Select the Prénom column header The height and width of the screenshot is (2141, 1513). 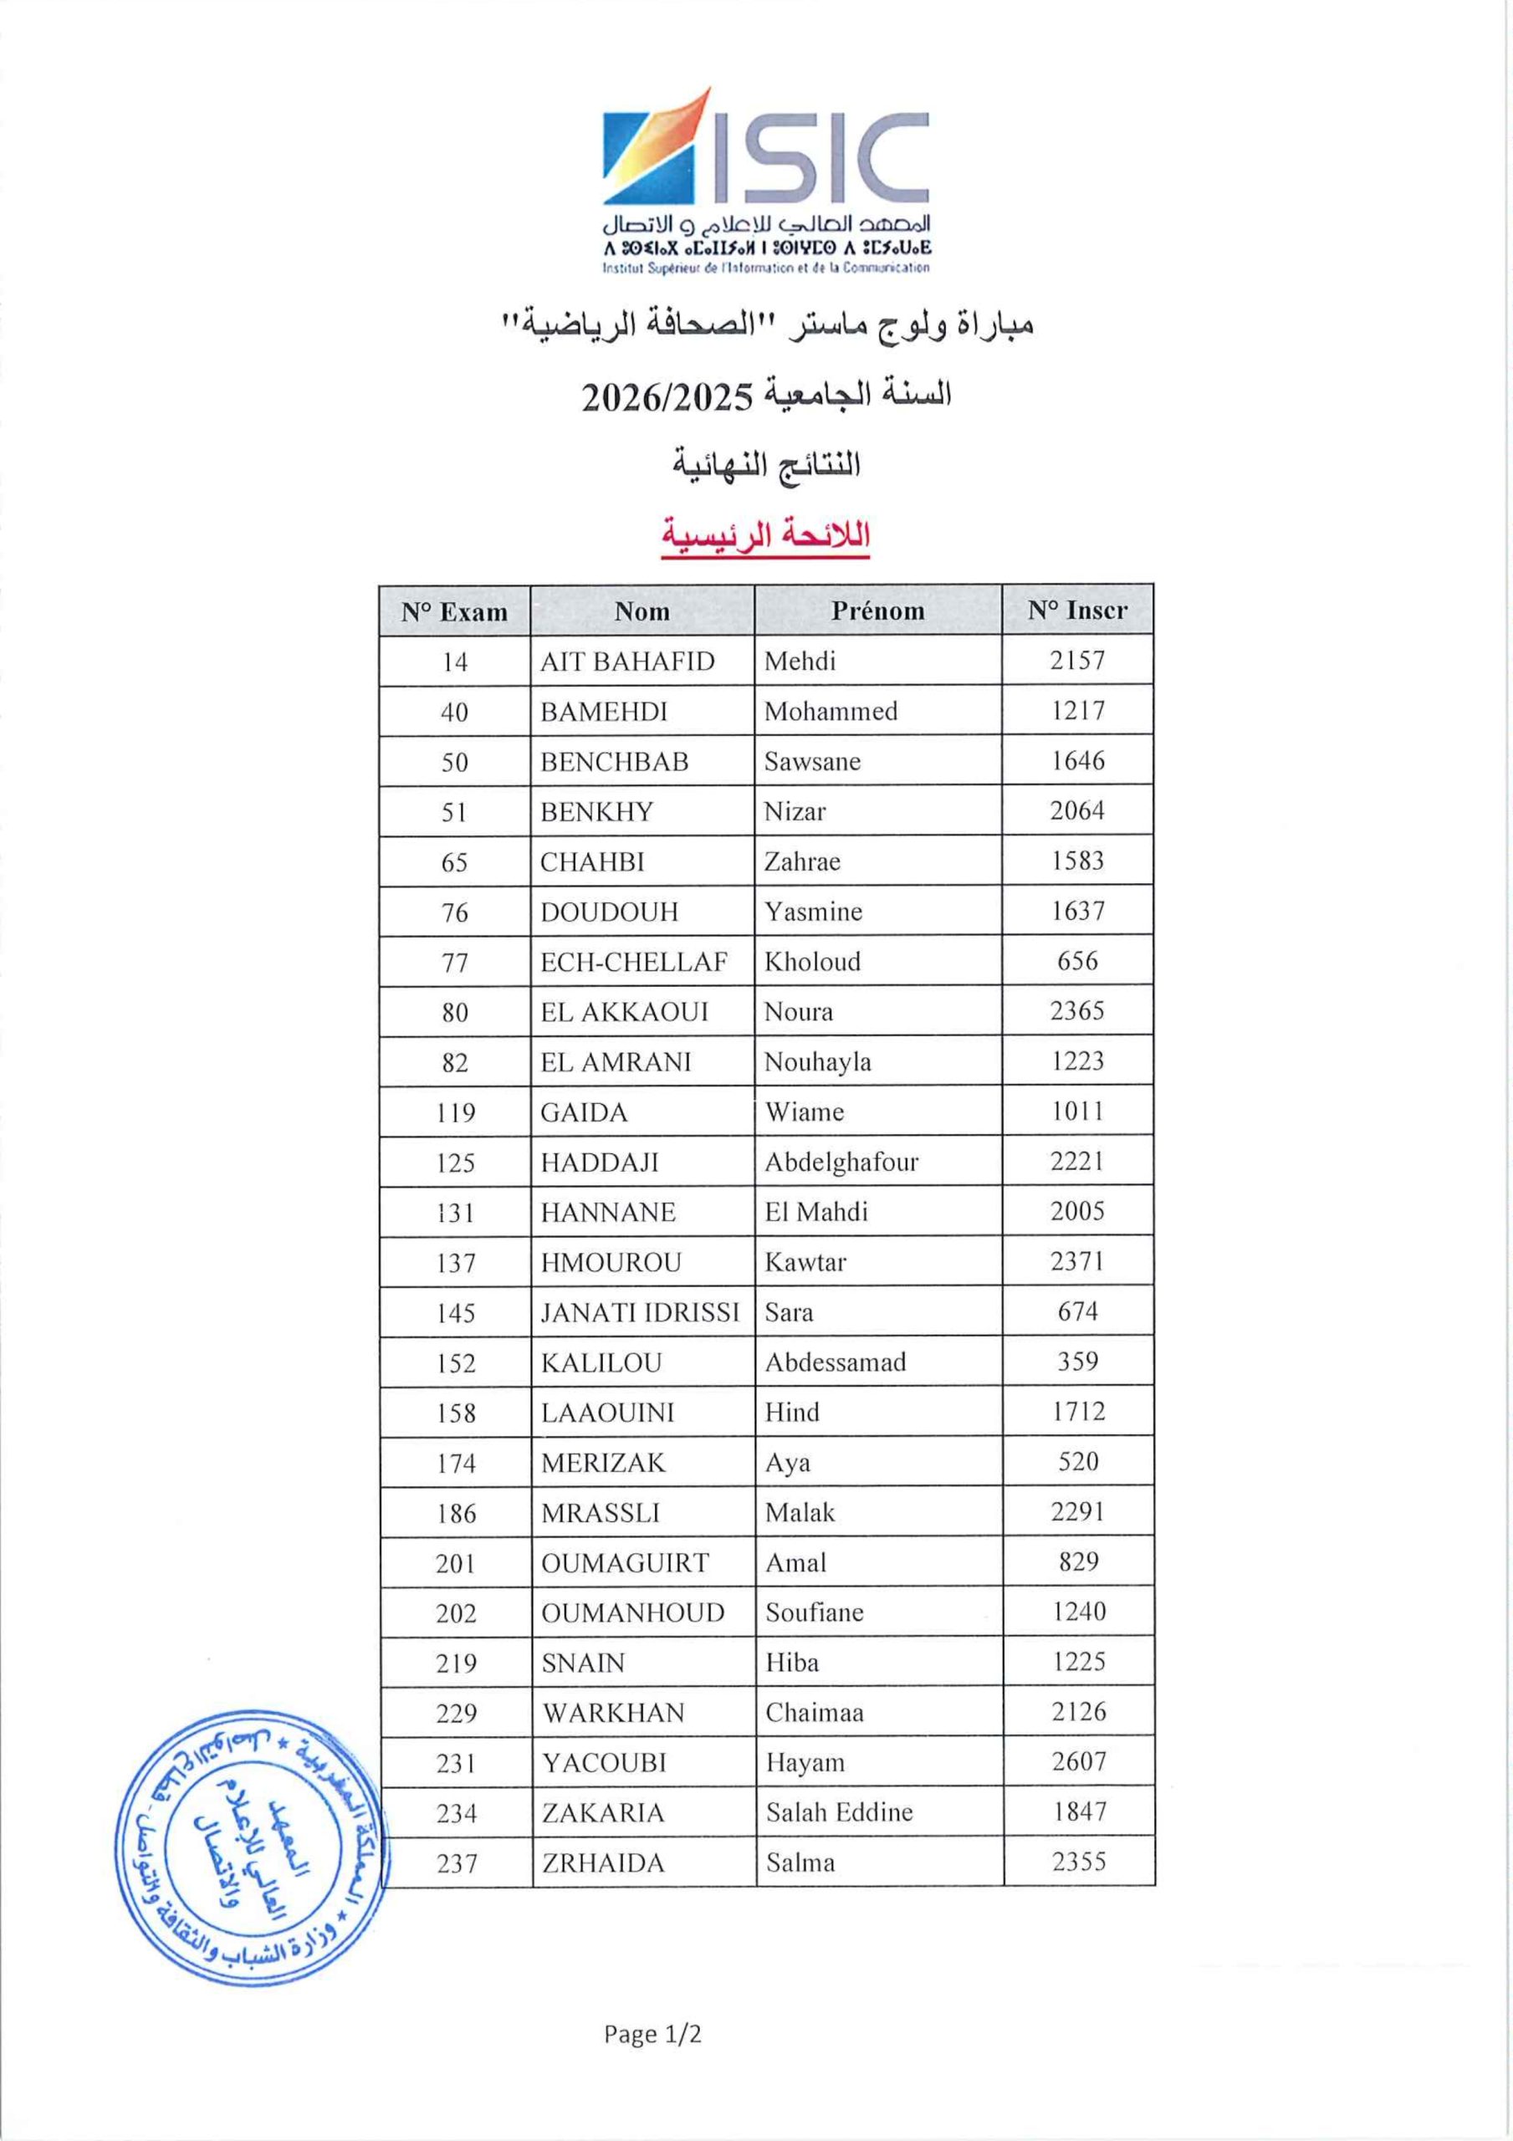[x=877, y=611]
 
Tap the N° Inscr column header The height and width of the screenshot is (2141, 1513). [x=1077, y=610]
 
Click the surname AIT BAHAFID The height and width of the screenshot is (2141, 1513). [x=626, y=662]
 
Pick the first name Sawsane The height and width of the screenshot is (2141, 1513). [x=811, y=762]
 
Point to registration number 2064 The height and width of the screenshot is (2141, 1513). [x=1077, y=811]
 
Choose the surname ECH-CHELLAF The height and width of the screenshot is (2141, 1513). [x=633, y=962]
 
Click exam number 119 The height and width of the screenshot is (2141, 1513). [x=455, y=1112]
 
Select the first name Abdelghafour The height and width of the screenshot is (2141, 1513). [x=841, y=1162]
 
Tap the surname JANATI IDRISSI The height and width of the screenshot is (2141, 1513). [x=640, y=1313]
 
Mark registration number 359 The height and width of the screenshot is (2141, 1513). [x=1077, y=1362]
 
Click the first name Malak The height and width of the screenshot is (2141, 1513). [x=800, y=1513]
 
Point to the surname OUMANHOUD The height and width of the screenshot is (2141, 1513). [x=632, y=1613]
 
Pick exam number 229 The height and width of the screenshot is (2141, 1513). [x=456, y=1713]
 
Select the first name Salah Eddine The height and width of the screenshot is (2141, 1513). [x=839, y=1813]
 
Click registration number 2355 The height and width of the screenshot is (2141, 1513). [x=1078, y=1863]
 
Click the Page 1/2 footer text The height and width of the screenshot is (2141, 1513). [x=652, y=2035]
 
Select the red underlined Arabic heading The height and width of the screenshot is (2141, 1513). [x=765, y=536]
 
